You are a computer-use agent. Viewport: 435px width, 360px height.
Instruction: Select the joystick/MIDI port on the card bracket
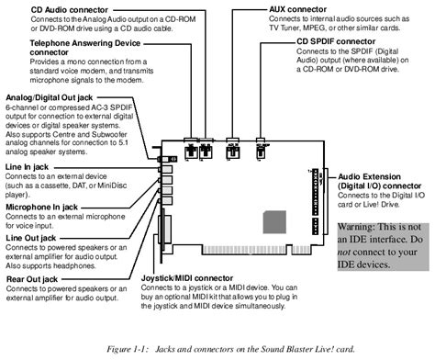coord(164,230)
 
